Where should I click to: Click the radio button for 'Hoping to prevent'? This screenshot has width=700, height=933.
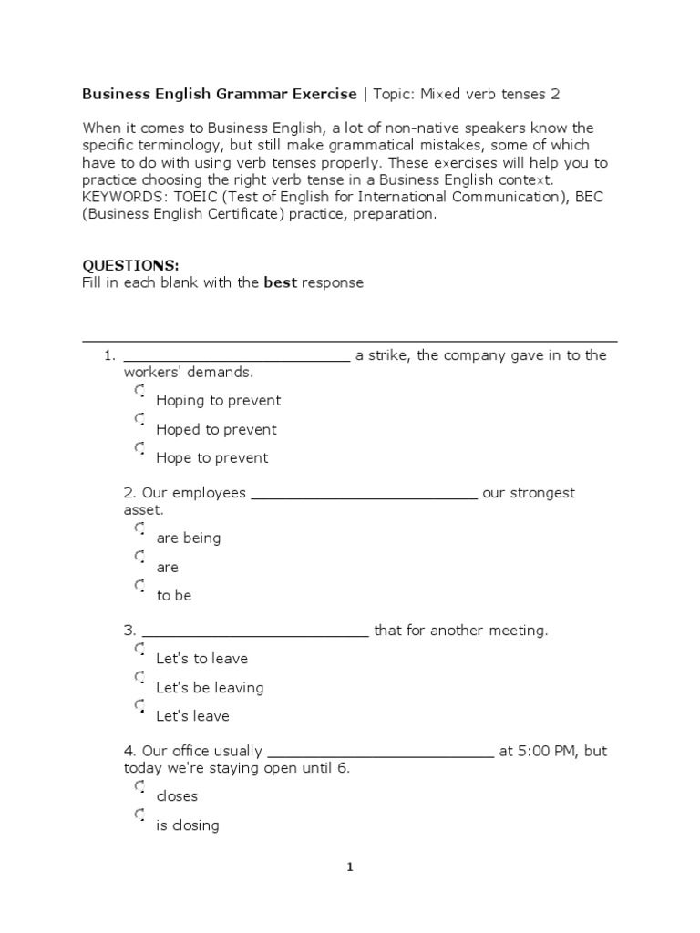click(x=139, y=391)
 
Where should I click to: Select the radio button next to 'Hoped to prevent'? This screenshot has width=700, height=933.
click(x=139, y=420)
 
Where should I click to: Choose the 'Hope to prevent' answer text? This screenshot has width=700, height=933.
click(x=211, y=458)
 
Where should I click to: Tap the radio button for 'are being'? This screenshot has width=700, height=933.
click(x=139, y=528)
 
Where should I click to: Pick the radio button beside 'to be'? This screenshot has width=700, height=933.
click(x=139, y=586)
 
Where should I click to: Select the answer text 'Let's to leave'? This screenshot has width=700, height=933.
click(x=201, y=659)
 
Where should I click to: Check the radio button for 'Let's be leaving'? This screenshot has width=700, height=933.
click(x=139, y=678)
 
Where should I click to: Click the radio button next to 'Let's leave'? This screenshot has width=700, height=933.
click(x=139, y=706)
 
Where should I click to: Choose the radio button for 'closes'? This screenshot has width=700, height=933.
click(x=139, y=786)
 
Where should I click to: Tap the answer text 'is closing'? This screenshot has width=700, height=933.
click(x=188, y=825)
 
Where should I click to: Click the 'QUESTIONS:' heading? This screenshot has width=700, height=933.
click(x=130, y=265)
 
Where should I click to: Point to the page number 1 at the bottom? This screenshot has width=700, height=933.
click(x=349, y=867)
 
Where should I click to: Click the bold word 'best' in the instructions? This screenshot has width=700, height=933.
click(x=281, y=282)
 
